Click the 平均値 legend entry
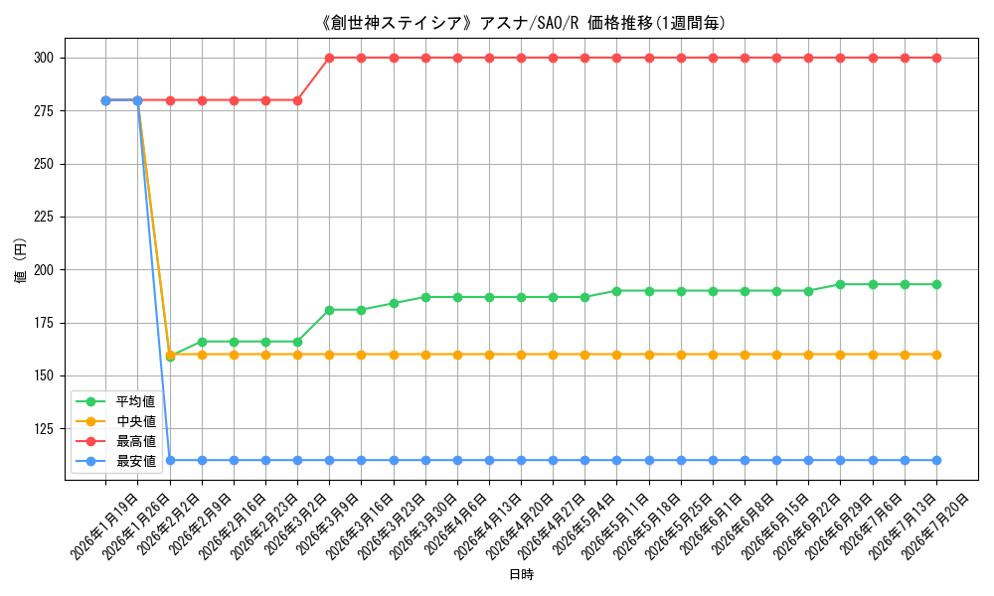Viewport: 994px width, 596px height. point(115,401)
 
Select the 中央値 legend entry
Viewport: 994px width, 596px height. point(115,421)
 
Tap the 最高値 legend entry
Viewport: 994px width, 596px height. point(115,441)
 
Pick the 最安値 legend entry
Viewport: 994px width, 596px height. point(115,461)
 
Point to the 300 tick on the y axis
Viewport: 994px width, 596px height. point(44,59)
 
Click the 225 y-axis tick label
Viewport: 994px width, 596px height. point(44,218)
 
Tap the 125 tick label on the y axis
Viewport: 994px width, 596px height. point(44,429)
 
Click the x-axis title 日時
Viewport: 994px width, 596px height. point(521,574)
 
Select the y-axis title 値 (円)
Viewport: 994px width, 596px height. point(20,260)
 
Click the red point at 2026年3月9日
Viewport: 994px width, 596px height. point(330,59)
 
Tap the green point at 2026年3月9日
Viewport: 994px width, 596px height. point(330,310)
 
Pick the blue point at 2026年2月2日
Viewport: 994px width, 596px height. point(170,461)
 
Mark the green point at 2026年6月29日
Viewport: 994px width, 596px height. point(841,284)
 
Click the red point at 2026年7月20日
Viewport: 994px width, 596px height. point(936,59)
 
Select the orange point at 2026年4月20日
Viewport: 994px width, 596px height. point(521,355)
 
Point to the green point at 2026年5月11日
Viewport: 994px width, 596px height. point(617,291)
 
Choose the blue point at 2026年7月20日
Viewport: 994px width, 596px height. point(936,461)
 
